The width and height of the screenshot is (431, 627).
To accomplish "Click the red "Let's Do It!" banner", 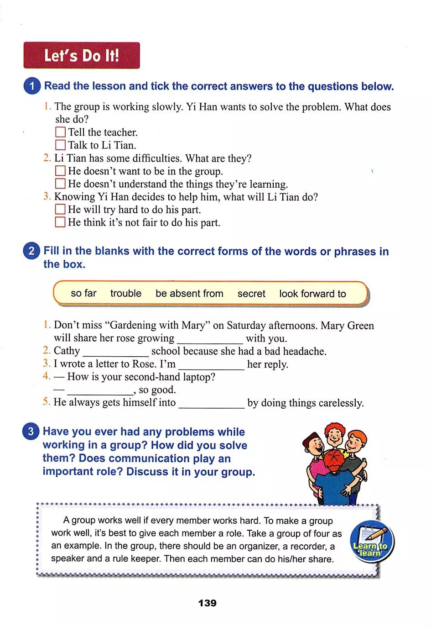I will (x=81, y=55).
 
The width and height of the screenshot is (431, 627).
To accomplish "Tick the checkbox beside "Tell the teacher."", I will (x=60, y=132).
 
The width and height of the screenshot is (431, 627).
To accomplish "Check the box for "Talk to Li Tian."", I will (x=60, y=145).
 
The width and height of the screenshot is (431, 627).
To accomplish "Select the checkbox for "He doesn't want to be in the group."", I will (x=60, y=171).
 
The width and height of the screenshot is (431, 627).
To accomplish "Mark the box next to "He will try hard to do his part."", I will (x=60, y=209).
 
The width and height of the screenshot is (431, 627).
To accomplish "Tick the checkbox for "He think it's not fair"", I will (x=60, y=222).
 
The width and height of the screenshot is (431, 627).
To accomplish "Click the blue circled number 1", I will (x=32, y=86).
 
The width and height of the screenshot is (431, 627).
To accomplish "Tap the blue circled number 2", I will (x=31, y=251).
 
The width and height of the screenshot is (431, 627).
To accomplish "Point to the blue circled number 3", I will (x=31, y=432).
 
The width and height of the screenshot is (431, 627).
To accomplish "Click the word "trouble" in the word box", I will (x=126, y=293).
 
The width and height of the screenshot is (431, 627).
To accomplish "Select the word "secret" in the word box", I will (x=251, y=294).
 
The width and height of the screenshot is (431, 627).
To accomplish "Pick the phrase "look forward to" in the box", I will (x=312, y=294).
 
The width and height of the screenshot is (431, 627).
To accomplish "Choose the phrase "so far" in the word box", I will (x=83, y=293).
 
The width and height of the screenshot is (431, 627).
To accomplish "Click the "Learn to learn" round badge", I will (x=370, y=543).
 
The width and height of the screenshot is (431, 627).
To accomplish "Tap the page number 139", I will (x=208, y=603).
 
